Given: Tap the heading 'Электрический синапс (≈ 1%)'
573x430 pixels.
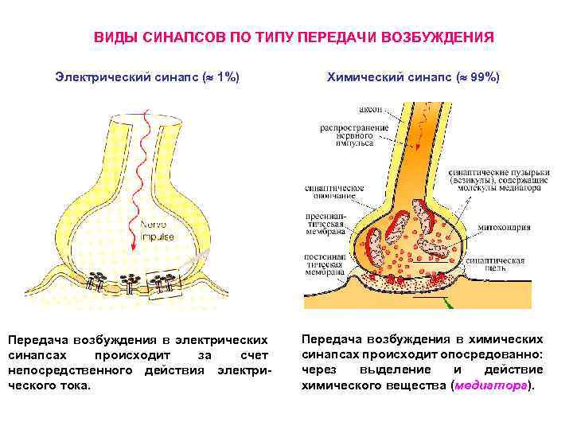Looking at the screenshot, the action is (x=147, y=77).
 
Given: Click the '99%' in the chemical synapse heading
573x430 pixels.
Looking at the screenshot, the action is (x=481, y=77).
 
